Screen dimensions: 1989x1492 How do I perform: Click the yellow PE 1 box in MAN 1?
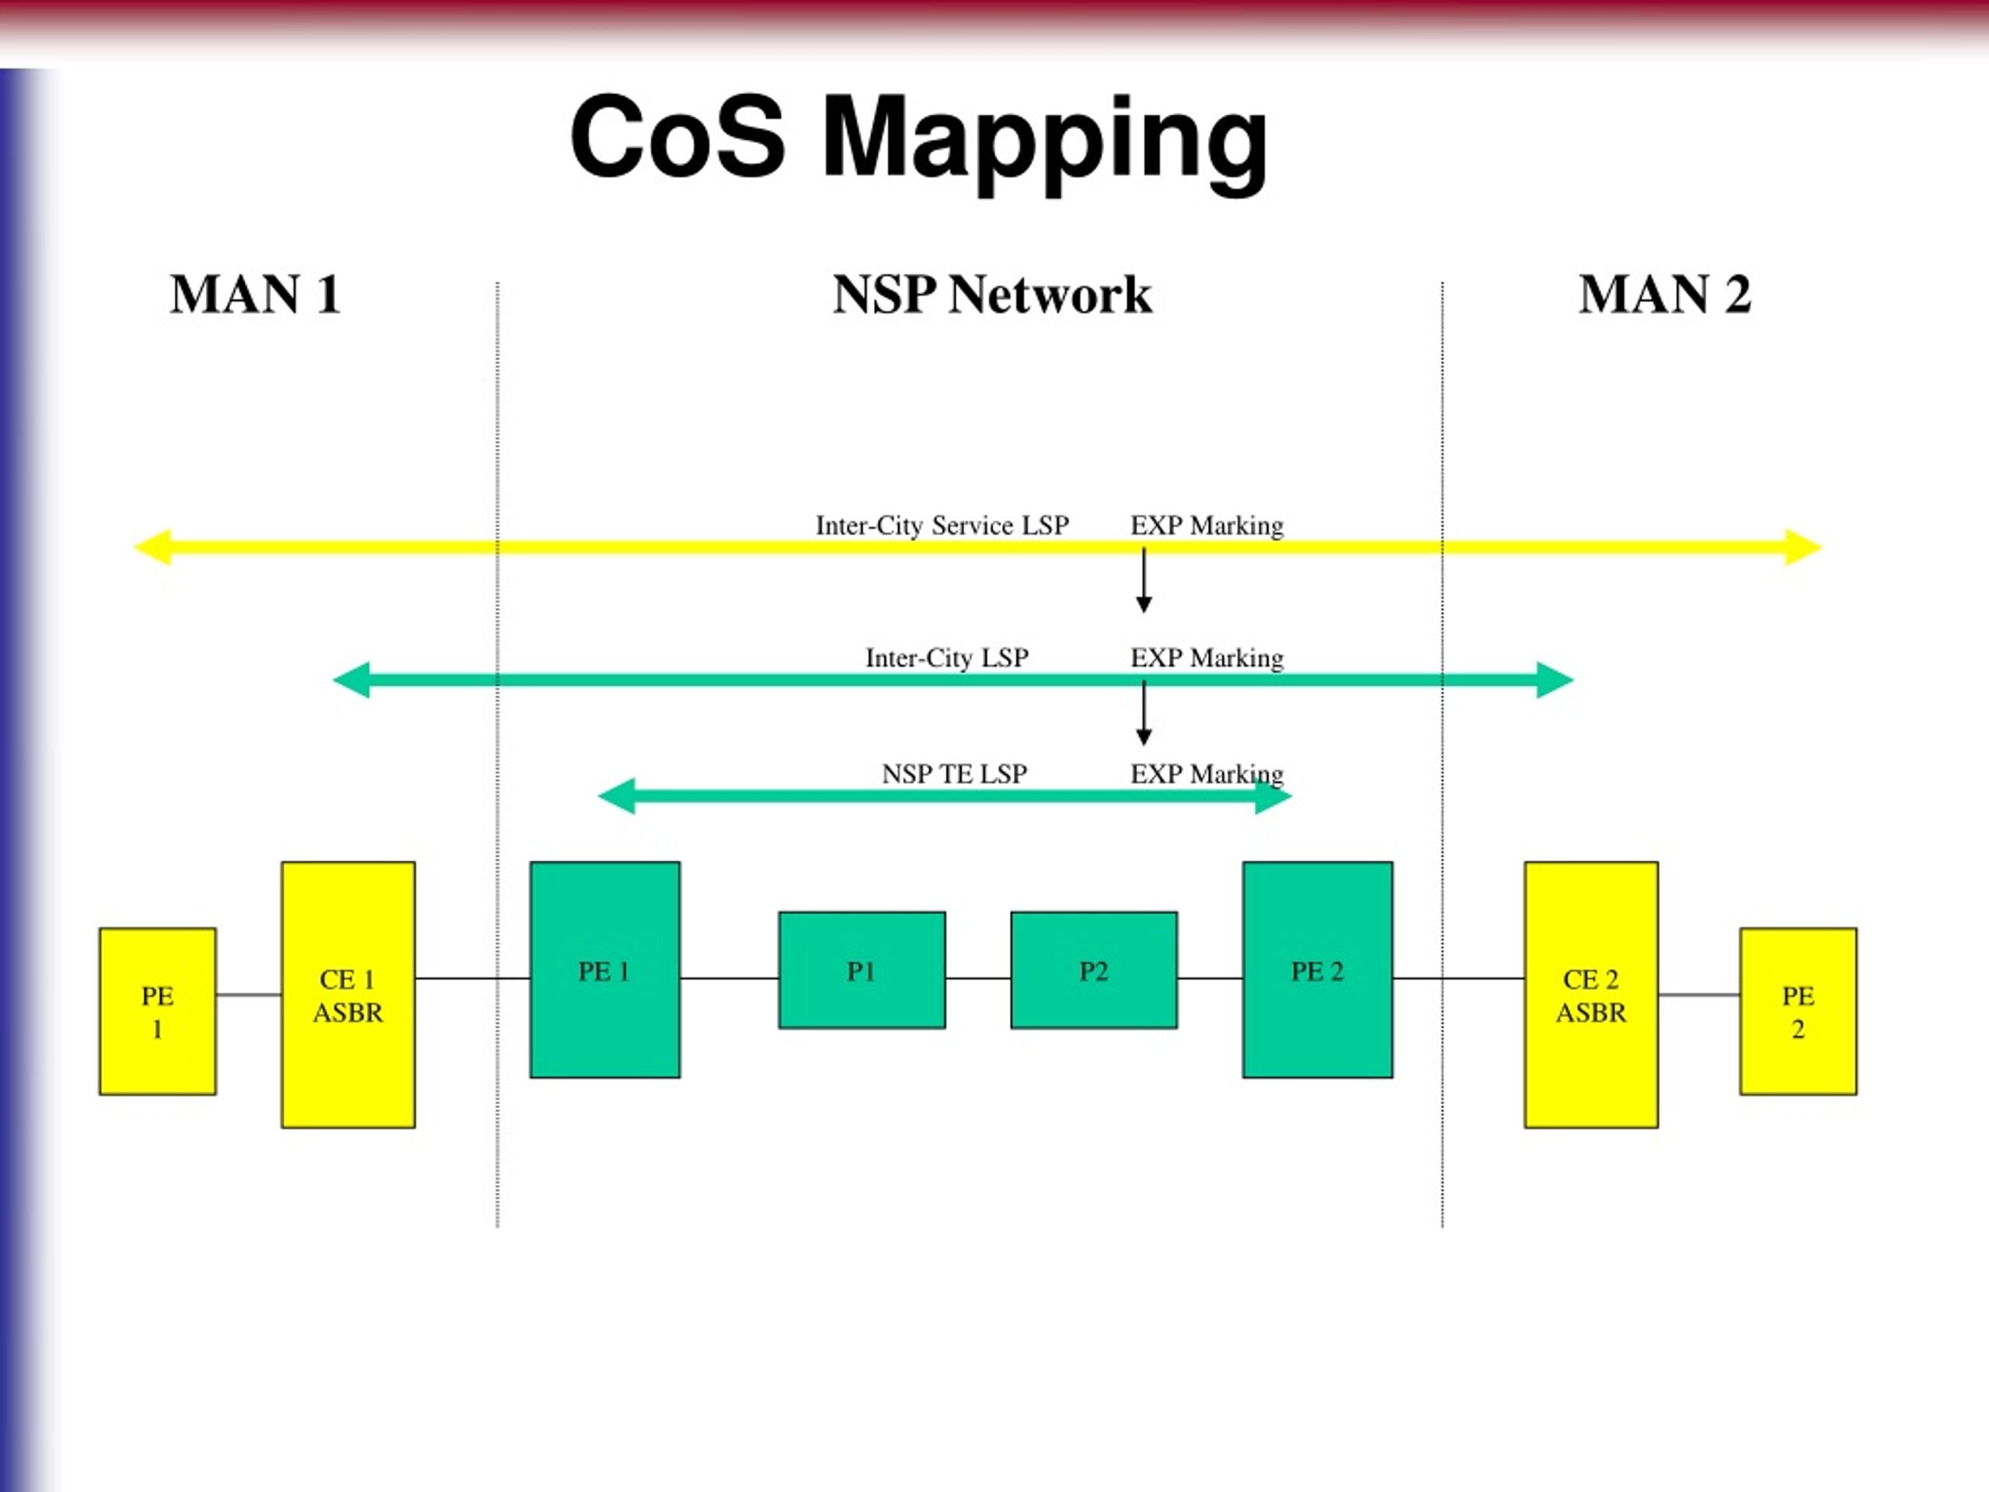158,1012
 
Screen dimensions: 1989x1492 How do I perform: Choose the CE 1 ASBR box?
348,995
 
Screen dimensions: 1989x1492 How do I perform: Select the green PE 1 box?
605,970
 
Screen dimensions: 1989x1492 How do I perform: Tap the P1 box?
862,971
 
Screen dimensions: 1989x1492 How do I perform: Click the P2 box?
1093,971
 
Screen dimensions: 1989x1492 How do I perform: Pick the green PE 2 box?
1317,970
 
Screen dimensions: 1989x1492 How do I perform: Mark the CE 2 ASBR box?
1590,995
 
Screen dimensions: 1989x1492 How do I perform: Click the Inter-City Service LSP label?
942,525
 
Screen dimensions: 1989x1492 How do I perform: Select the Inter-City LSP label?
947,658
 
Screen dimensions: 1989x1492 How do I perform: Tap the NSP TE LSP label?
954,773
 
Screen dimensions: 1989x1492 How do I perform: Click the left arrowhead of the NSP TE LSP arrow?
616,796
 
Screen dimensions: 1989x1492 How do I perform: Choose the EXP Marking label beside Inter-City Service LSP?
1207,525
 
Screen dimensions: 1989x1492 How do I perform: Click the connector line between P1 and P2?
978,978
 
